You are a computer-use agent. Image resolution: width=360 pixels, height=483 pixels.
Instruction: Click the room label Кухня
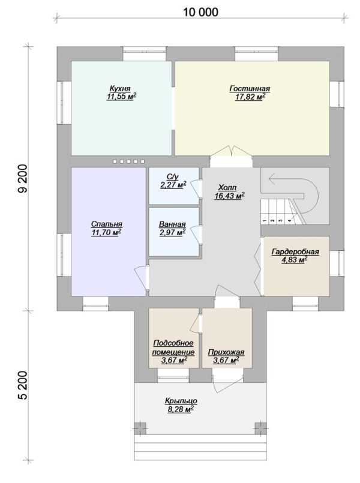[x=120, y=89]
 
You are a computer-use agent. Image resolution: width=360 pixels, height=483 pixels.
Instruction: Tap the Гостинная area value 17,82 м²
[x=250, y=97]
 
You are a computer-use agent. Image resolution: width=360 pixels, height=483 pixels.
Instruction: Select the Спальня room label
[x=107, y=224]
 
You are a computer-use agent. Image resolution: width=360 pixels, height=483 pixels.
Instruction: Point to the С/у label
[x=173, y=177]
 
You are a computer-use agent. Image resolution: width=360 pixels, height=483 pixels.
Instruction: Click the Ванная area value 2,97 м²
[x=172, y=232]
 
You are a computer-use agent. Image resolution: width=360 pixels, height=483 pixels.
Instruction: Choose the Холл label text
[x=227, y=187]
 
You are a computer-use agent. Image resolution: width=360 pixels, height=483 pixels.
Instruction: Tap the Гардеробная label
[x=295, y=252]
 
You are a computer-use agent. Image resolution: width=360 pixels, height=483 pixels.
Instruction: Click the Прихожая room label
[x=226, y=352]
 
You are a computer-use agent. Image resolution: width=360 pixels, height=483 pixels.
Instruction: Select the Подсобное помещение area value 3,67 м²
[x=175, y=360]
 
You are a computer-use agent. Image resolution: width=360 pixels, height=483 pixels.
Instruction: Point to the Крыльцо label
[x=181, y=401]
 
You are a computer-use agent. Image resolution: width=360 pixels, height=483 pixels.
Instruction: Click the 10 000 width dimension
[x=200, y=13]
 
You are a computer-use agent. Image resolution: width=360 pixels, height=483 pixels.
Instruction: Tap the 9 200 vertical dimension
[x=23, y=178]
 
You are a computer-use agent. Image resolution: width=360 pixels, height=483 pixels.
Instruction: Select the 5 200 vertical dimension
[x=23, y=385]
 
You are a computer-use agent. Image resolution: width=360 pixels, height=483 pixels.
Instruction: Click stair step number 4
[x=289, y=221]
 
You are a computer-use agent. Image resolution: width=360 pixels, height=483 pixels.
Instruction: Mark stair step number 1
[x=265, y=221]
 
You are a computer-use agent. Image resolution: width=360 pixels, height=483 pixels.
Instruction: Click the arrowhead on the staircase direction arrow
[x=271, y=178]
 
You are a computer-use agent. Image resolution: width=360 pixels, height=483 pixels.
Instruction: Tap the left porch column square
[x=140, y=428]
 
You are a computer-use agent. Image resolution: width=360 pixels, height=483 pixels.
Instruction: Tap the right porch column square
[x=260, y=428]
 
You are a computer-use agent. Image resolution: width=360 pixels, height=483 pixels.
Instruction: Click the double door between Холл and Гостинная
[x=232, y=152]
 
